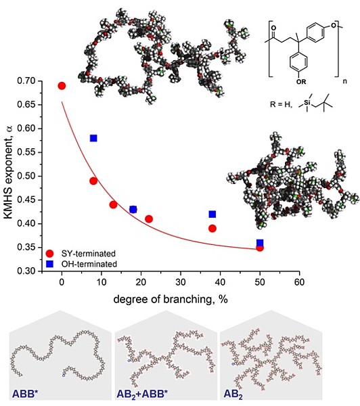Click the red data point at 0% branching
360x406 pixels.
[62, 86]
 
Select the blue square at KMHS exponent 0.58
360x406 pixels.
[93, 138]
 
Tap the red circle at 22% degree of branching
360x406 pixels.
[149, 219]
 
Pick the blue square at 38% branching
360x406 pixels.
[212, 214]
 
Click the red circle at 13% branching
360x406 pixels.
[113, 205]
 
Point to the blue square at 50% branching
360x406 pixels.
[260, 243]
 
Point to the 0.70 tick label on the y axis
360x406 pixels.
[27, 81]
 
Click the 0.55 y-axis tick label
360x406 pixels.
[27, 152]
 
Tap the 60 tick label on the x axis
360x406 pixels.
[299, 282]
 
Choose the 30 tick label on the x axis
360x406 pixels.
[181, 282]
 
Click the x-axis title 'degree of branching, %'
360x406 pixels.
[171, 299]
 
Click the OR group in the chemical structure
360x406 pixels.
[301, 82]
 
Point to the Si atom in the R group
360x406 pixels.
[307, 103]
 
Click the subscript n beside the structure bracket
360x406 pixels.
[344, 81]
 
